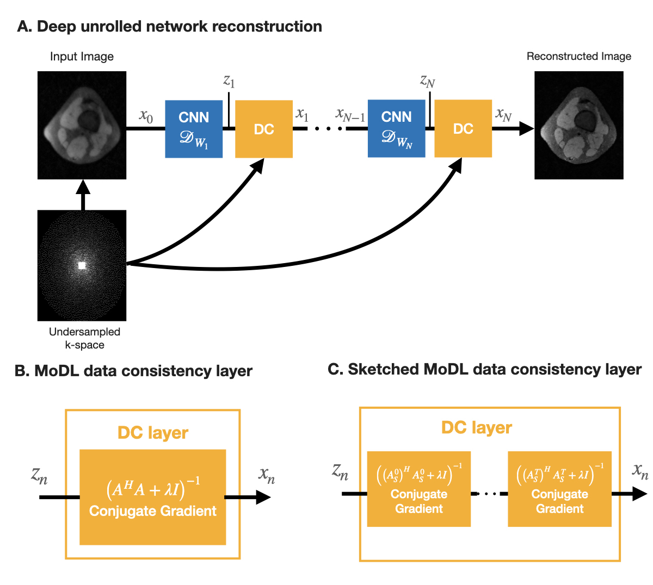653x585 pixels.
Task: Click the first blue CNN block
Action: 194,129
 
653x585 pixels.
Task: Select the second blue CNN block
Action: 396,129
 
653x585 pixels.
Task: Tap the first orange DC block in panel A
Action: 264,129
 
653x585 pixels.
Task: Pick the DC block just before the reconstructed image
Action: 463,129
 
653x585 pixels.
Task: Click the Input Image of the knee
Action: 82,125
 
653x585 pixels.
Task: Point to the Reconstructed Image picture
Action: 579,125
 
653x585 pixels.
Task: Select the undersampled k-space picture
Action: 82,265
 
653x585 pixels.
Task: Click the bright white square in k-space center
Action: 82,265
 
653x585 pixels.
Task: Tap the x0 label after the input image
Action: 146,116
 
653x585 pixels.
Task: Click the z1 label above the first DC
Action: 229,81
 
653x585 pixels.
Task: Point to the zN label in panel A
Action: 428,81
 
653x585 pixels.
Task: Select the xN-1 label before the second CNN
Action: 350,115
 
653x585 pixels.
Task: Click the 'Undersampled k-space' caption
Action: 84,338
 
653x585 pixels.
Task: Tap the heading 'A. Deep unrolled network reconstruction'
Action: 169,27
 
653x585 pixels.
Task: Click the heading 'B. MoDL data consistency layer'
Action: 133,371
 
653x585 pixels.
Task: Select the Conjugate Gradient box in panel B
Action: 153,497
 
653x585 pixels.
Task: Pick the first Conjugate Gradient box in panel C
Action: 419,489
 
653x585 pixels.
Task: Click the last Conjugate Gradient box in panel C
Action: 559,489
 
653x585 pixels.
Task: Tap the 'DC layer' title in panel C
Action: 477,428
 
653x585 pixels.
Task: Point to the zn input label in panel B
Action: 39,476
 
